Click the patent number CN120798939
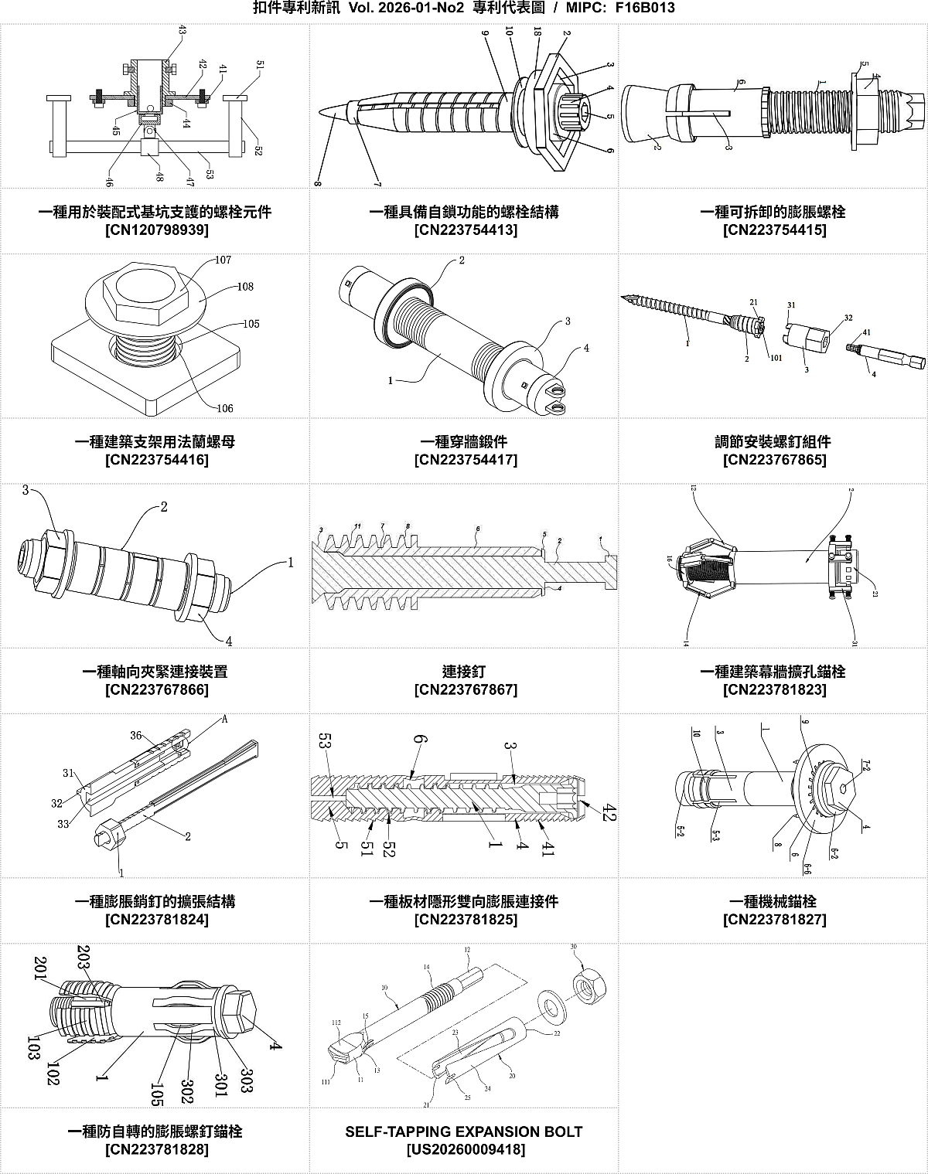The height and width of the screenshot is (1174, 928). tap(156, 230)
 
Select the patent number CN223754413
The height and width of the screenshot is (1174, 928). tap(466, 230)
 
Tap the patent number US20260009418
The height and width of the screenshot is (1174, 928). tap(466, 1149)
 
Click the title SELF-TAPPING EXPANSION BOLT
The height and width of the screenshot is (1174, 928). tap(464, 1131)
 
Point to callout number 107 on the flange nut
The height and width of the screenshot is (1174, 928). tap(223, 260)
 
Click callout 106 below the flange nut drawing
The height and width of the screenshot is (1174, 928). tap(224, 408)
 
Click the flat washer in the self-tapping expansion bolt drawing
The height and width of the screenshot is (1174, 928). tap(552, 1007)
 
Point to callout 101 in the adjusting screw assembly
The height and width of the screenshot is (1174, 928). tap(776, 358)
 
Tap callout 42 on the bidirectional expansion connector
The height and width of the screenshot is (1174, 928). tap(609, 812)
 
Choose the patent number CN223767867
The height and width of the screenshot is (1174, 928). tap(466, 689)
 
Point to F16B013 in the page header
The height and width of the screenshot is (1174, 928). tap(646, 9)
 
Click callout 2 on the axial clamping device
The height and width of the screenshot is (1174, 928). tap(164, 508)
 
